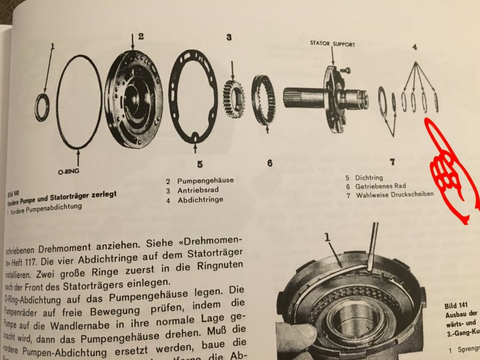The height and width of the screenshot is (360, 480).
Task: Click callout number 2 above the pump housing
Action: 140,36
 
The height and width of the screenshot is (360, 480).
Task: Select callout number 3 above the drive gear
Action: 229,37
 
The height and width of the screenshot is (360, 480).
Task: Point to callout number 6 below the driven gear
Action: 270,163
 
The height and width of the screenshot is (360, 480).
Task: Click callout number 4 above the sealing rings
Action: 414,46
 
